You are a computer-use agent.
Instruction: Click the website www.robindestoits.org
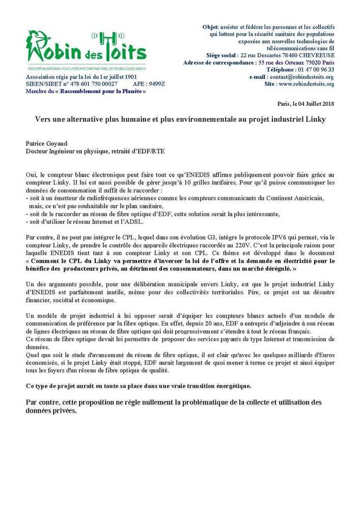point(307,84)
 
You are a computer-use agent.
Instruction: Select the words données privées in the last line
point(51,411)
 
